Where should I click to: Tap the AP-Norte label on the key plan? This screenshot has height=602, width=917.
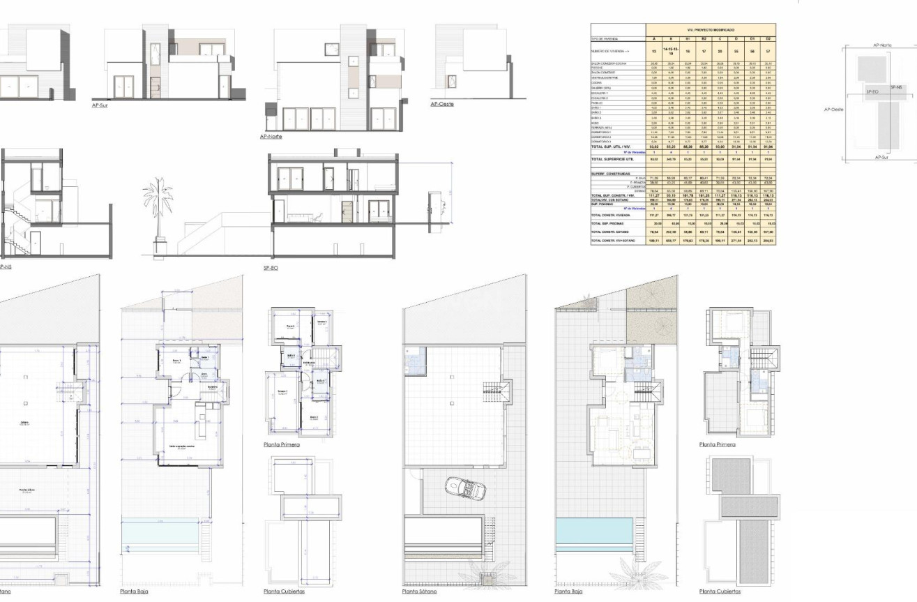click(x=882, y=45)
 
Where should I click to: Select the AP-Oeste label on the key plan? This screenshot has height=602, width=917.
click(x=833, y=110)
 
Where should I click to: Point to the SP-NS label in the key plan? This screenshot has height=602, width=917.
click(x=896, y=87)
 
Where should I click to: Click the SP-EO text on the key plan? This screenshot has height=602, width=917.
click(x=872, y=91)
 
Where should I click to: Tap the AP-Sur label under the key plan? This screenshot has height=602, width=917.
click(x=881, y=158)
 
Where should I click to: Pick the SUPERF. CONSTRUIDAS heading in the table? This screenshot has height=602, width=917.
click(x=610, y=174)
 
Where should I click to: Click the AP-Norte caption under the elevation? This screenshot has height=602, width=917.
click(x=271, y=136)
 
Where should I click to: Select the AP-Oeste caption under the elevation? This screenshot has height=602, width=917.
click(x=442, y=104)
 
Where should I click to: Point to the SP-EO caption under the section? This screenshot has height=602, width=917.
click(x=271, y=267)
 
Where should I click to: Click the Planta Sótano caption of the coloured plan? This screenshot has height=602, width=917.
click(x=420, y=592)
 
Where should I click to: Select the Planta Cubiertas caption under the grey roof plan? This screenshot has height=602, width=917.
click(x=720, y=592)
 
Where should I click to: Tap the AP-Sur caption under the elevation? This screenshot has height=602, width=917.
click(x=100, y=106)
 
